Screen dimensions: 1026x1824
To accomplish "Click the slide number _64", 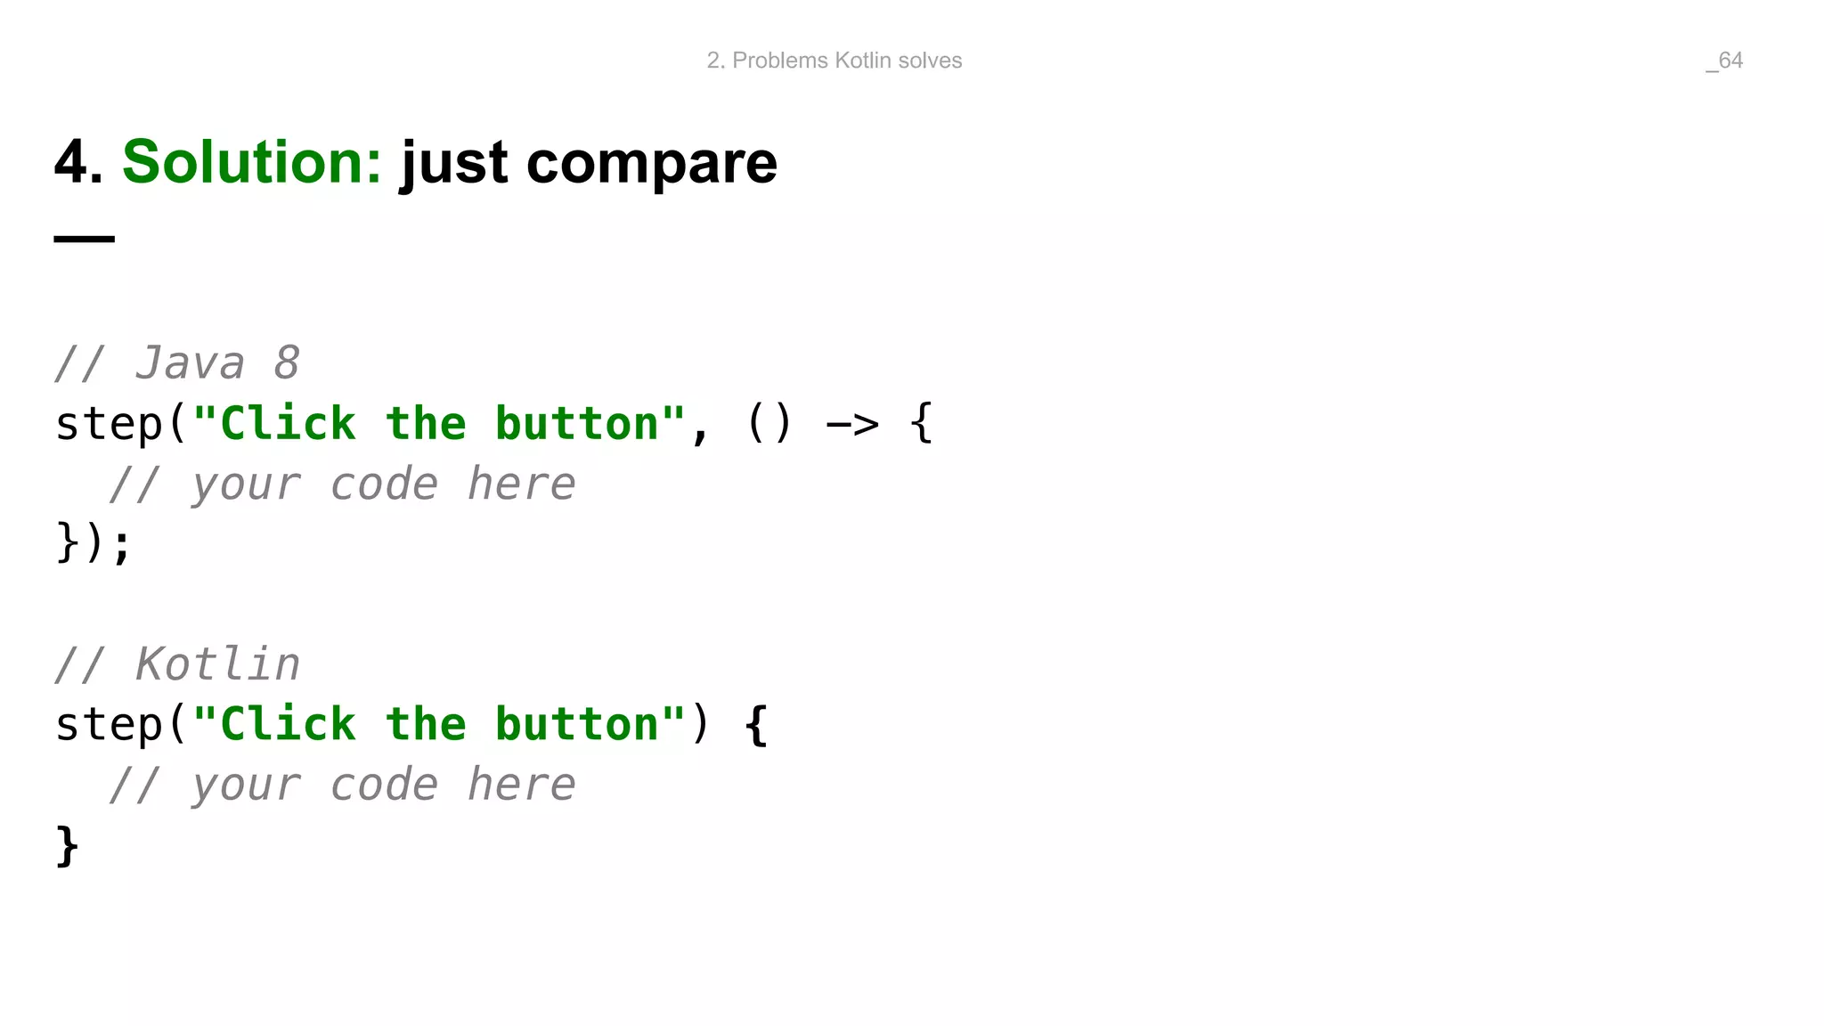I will tap(1724, 61).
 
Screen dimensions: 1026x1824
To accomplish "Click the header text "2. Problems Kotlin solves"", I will tap(834, 61).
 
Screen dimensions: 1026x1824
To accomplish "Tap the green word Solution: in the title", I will tap(252, 162).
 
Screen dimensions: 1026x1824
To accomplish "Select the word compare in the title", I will tap(652, 164).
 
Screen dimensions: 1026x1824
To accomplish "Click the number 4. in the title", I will tap(78, 162).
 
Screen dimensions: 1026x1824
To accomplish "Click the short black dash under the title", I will tap(85, 239).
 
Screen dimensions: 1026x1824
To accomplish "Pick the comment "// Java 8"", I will tap(177, 363).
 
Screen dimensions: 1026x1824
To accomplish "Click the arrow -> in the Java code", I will tap(852, 424).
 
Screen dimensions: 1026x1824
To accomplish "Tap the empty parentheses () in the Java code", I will tap(769, 424).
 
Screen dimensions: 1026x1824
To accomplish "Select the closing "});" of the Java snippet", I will tap(94, 543).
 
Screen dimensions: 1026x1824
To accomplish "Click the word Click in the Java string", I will tap(288, 424).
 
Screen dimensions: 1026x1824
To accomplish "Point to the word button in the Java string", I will tap(577, 424).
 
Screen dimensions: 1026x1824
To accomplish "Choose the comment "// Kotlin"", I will tap(177, 664).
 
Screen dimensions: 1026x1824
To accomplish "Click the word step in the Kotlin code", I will tap(110, 725).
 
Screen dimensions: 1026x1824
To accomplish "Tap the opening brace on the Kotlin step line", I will tap(756, 725).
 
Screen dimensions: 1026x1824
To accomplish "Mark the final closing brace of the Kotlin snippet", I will tap(67, 845).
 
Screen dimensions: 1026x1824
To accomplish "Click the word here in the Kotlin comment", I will tap(522, 786).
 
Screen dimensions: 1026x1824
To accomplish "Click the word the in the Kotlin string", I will tap(426, 725).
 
